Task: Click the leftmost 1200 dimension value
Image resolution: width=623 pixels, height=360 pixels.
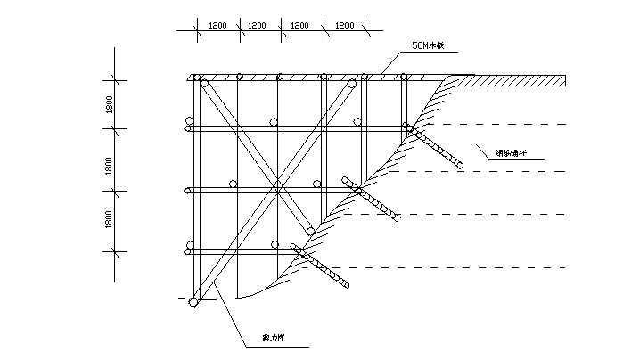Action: [217, 26]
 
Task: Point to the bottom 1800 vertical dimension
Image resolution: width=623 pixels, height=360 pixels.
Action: [107, 219]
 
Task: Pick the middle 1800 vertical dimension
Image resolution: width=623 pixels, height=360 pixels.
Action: [107, 164]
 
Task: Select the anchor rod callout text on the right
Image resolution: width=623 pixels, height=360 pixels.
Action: [510, 152]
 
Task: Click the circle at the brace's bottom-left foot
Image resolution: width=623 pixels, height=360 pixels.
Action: [193, 303]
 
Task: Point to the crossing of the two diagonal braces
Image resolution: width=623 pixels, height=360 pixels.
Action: [279, 189]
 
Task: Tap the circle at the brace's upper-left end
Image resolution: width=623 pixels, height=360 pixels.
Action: [205, 85]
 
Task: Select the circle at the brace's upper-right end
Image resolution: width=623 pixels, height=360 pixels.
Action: [352, 85]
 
